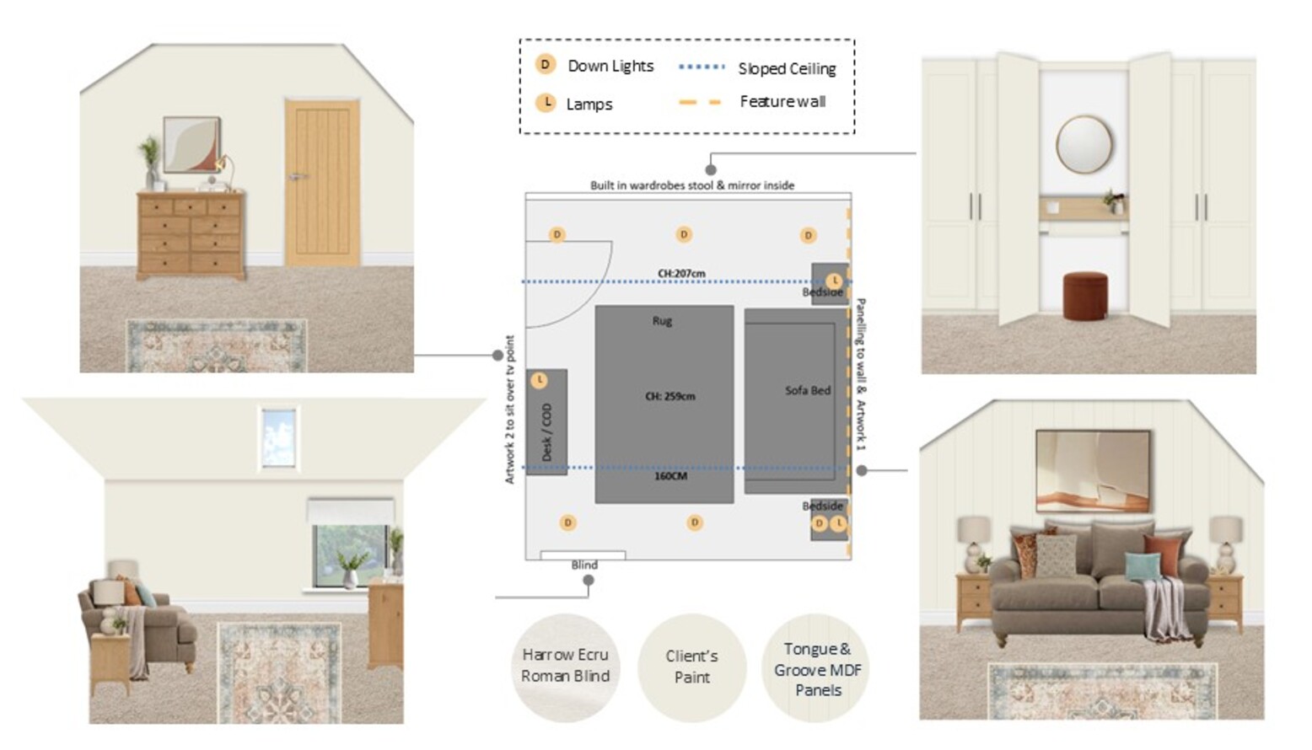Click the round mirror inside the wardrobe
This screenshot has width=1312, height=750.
point(1084,144)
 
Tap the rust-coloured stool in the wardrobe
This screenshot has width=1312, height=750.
point(1085,297)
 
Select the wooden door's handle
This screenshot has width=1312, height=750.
point(298,176)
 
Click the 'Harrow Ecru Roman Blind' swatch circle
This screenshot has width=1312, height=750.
point(565,667)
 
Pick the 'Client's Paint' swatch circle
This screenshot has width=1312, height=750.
point(691,667)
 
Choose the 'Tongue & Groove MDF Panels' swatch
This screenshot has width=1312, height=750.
point(816,667)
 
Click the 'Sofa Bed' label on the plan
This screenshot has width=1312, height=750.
point(808,390)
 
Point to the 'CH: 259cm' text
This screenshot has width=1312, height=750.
point(670,396)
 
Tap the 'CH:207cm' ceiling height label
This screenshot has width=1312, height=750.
point(681,273)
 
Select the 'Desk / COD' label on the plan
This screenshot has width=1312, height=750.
point(546,432)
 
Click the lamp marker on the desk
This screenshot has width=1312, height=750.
point(539,381)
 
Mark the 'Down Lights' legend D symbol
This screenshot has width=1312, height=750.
point(546,64)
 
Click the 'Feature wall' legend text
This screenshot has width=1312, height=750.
point(782,102)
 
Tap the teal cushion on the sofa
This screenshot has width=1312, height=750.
point(1143,565)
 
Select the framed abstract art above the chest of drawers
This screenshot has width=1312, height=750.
point(191,145)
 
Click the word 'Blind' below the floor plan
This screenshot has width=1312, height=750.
point(584,565)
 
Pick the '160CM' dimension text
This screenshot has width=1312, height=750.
point(670,477)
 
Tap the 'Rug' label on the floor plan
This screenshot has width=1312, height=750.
point(663,321)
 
